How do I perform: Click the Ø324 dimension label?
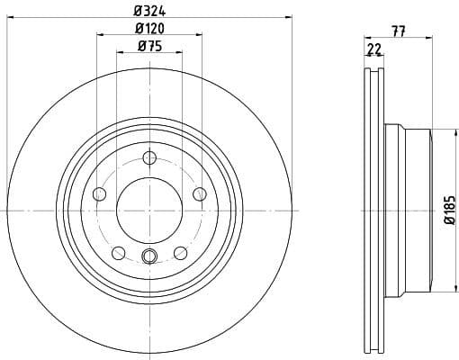click(148, 9)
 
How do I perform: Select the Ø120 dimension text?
click(148, 29)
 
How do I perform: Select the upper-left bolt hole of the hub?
click(100, 193)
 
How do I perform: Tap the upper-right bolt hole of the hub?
click(199, 193)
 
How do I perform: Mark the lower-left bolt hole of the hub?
click(119, 252)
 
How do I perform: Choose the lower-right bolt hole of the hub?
click(180, 252)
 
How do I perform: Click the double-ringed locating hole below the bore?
click(149, 257)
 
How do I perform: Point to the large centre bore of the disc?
click(149, 211)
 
